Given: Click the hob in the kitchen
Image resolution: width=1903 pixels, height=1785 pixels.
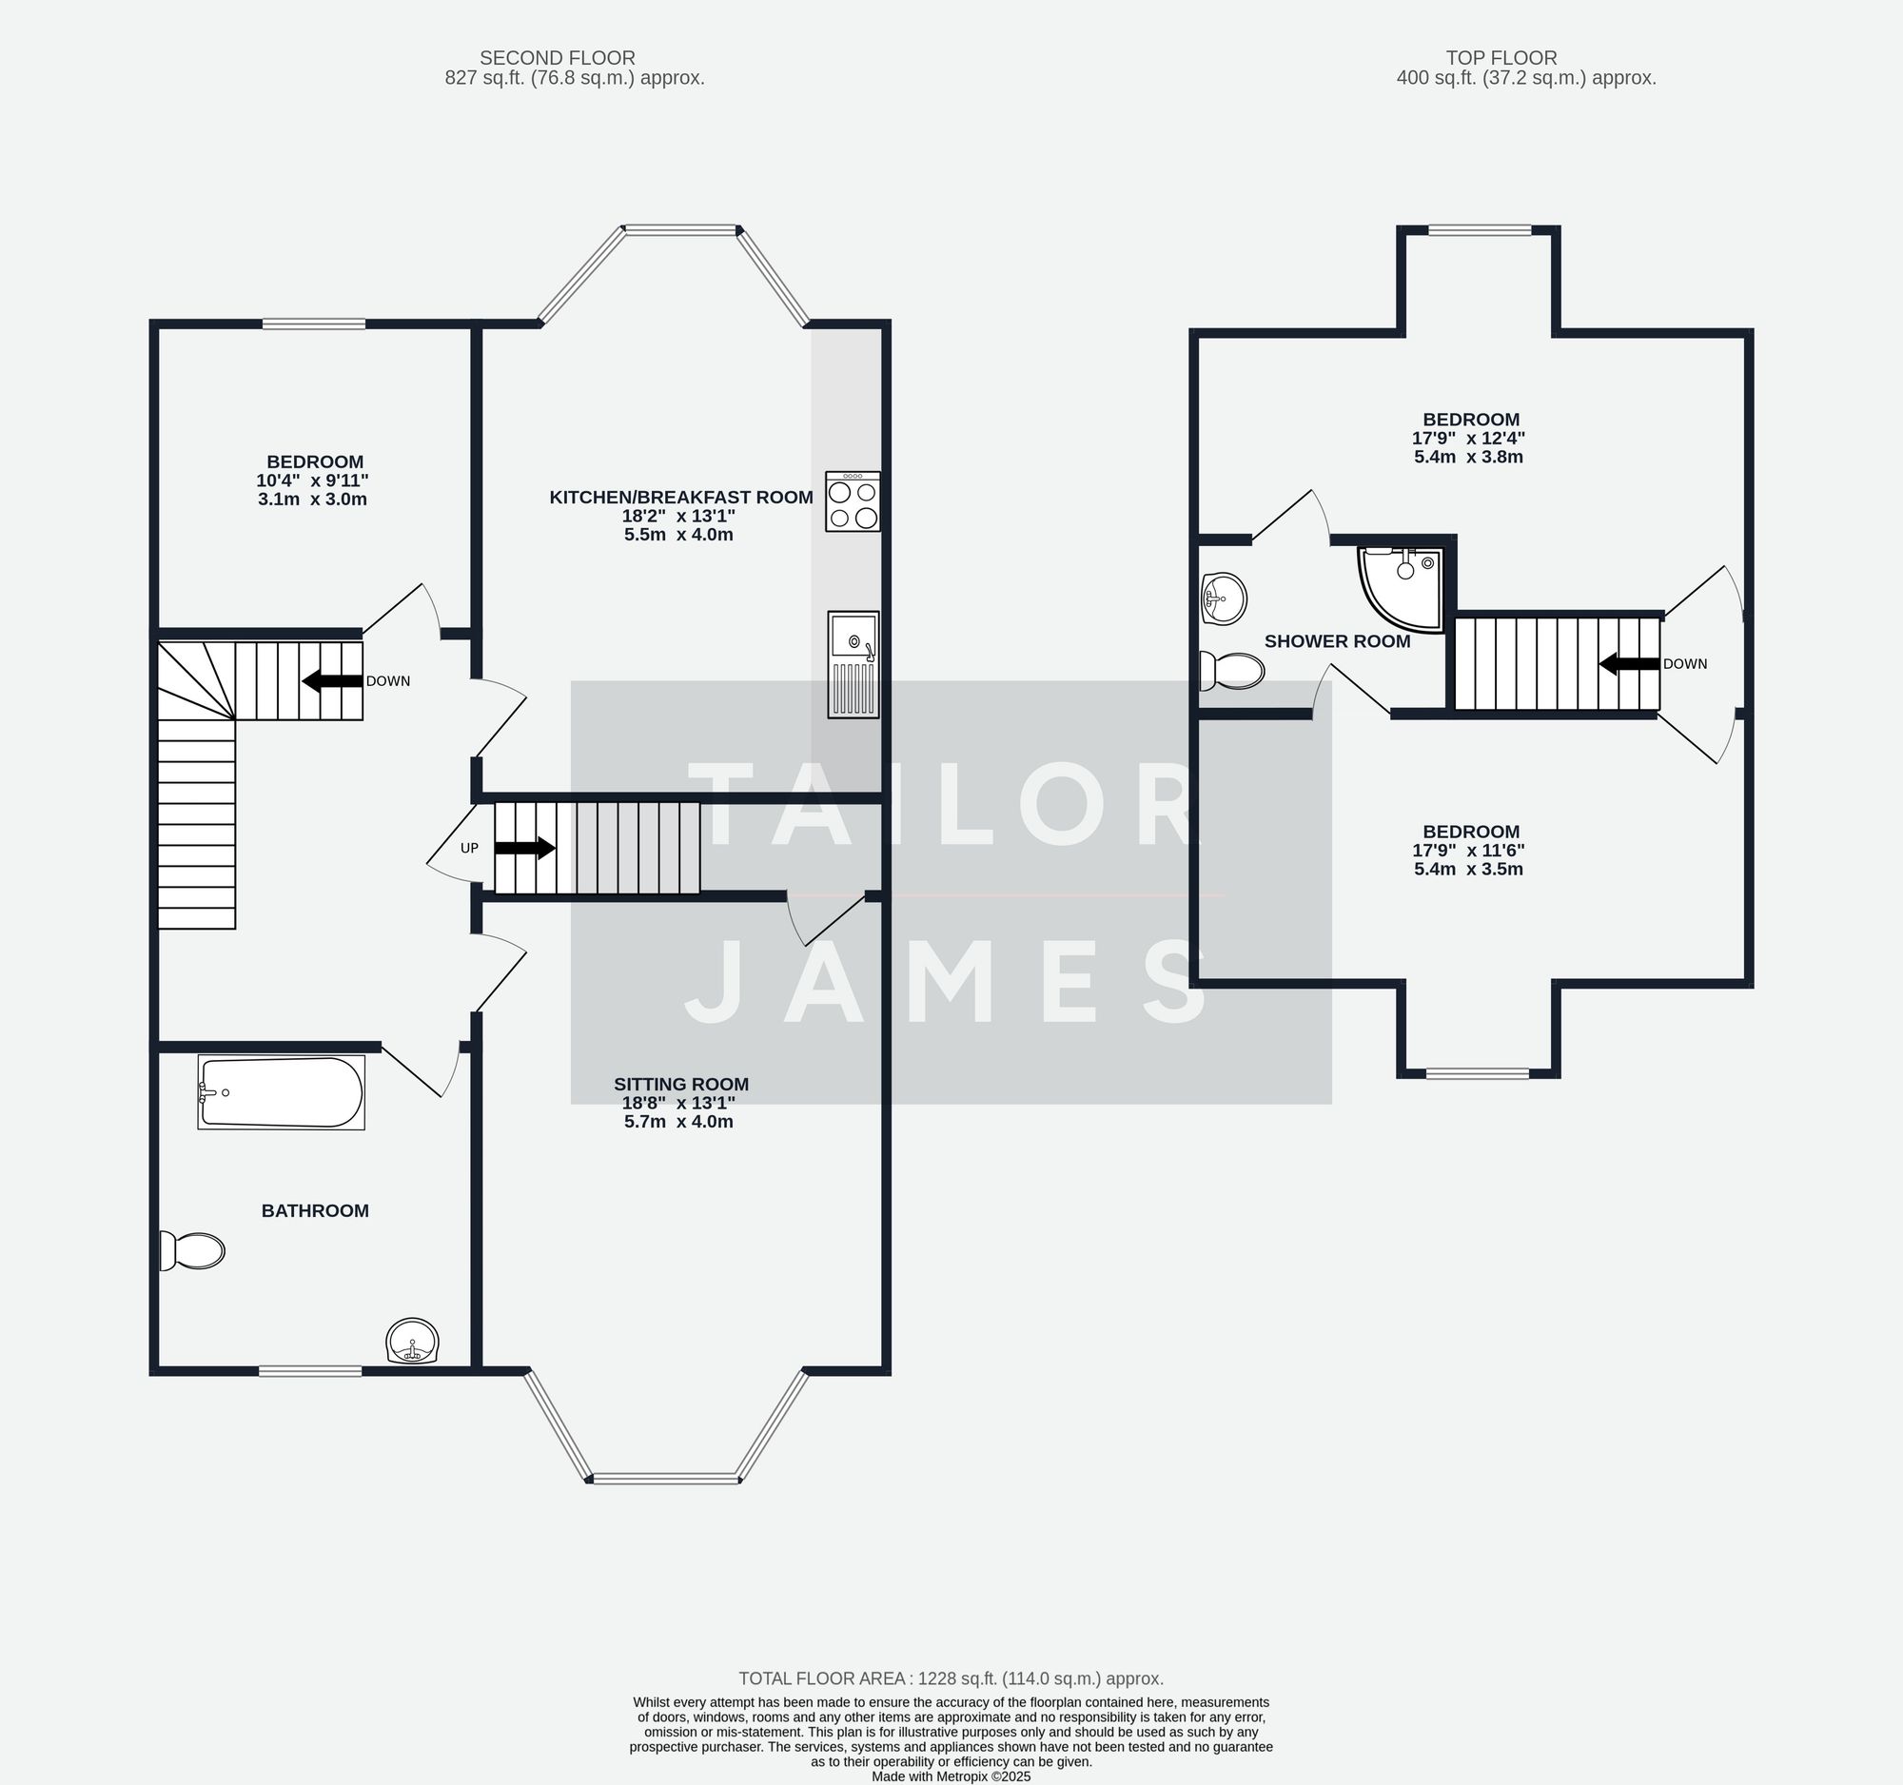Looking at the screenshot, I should tap(852, 501).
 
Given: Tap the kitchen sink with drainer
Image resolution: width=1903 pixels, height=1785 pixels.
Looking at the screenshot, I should tap(852, 664).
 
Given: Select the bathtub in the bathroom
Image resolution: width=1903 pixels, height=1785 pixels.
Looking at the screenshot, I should tap(282, 1092).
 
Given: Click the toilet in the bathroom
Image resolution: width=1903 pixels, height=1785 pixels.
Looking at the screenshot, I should tap(192, 1250).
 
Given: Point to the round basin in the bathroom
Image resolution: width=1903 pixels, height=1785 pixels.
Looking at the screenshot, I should tap(413, 1340).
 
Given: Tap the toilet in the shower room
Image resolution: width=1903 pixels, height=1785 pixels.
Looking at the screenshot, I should tap(1232, 670).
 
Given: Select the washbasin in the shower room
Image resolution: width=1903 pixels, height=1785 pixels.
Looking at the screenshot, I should tap(1223, 598).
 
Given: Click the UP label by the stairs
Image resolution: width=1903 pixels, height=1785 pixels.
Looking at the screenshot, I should tap(469, 848).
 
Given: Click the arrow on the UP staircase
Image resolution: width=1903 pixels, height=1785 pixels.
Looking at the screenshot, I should tap(524, 848).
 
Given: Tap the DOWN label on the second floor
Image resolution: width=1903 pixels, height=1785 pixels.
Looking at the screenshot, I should tap(387, 681).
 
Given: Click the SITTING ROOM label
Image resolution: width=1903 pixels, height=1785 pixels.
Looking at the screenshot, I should tap(680, 1085).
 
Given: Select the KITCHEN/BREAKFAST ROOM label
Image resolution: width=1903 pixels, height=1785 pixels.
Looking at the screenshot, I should tap(680, 497).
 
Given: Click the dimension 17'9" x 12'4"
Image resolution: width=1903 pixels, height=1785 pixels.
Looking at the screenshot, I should tap(1468, 439).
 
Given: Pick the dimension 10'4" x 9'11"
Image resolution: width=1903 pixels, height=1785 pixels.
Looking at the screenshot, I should tap(313, 481).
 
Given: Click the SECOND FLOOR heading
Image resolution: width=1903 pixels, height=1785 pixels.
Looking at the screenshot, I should tap(558, 57).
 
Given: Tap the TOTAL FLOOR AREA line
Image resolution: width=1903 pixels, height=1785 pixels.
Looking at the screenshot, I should tap(951, 1677).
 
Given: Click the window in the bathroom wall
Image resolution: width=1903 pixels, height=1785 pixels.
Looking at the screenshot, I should tap(310, 1370).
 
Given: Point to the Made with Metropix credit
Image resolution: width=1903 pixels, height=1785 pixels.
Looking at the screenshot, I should tap(951, 1775).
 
